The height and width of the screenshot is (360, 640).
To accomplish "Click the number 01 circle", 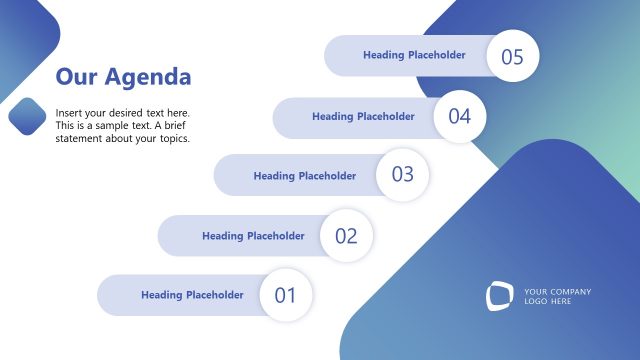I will click(286, 295).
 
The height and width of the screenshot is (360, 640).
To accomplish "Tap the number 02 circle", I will click(346, 236).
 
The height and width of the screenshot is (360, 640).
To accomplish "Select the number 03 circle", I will click(402, 175).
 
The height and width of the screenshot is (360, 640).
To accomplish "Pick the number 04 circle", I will click(459, 117).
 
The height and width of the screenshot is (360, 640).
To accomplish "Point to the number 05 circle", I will click(512, 56).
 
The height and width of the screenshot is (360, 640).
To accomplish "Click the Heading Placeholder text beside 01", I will click(192, 295).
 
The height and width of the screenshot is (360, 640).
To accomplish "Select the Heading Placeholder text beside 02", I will click(253, 236).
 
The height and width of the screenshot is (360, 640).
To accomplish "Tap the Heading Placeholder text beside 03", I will click(304, 176).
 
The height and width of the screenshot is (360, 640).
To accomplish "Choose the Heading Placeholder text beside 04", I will click(363, 117).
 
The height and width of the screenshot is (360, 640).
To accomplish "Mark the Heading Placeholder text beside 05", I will click(414, 55).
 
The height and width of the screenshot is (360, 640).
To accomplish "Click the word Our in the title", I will click(76, 77).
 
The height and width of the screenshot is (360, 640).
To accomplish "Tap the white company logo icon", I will click(499, 296).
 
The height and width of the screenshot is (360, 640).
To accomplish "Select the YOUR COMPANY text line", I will click(557, 292).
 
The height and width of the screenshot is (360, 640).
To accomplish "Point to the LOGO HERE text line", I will click(548, 302).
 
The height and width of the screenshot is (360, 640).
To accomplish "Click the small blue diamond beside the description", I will click(28, 117).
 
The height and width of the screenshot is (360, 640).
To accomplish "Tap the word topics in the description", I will click(173, 138).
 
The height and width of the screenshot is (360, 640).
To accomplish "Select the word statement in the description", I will click(82, 138).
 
